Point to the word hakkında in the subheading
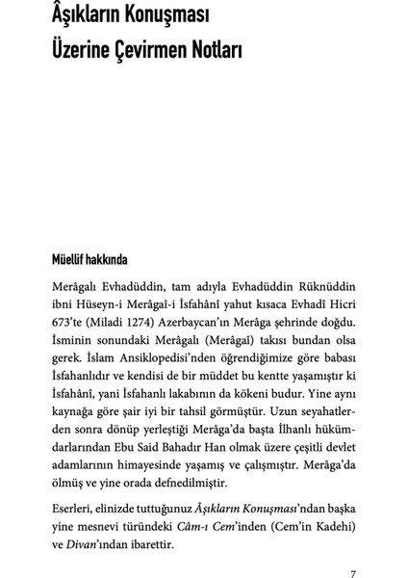116,259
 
